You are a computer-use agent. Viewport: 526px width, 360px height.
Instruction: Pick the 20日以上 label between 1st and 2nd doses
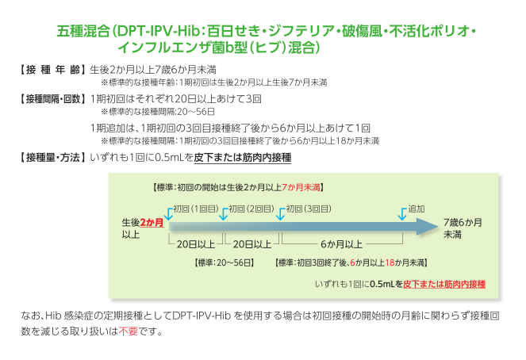(x=197, y=243)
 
